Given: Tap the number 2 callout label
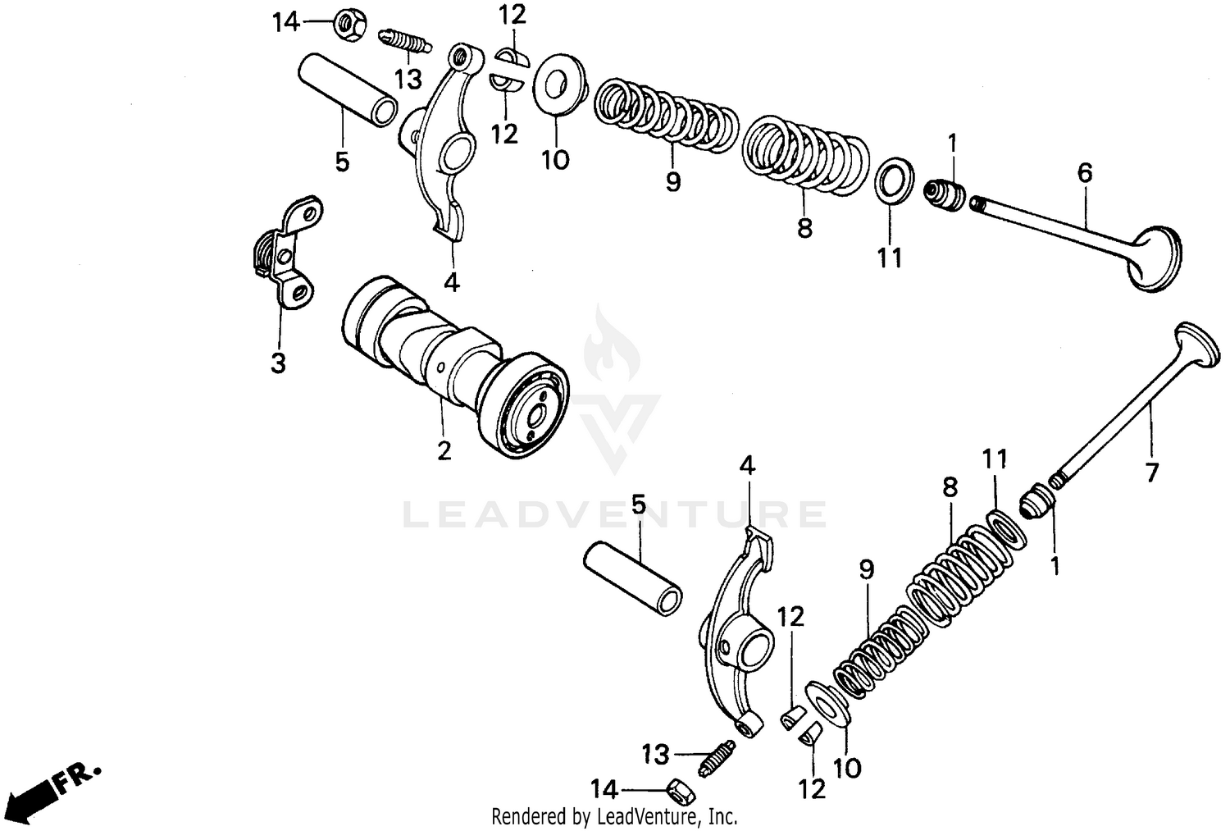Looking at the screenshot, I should (x=444, y=450).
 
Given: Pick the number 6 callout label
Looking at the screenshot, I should (x=1084, y=172).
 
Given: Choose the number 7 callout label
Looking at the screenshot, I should (x=1151, y=473).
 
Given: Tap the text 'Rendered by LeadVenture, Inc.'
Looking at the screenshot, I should (x=614, y=816).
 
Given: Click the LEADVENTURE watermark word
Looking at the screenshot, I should (x=614, y=514).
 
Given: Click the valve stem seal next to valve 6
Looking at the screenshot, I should (x=945, y=195).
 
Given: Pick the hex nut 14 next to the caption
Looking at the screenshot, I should (x=345, y=25).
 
